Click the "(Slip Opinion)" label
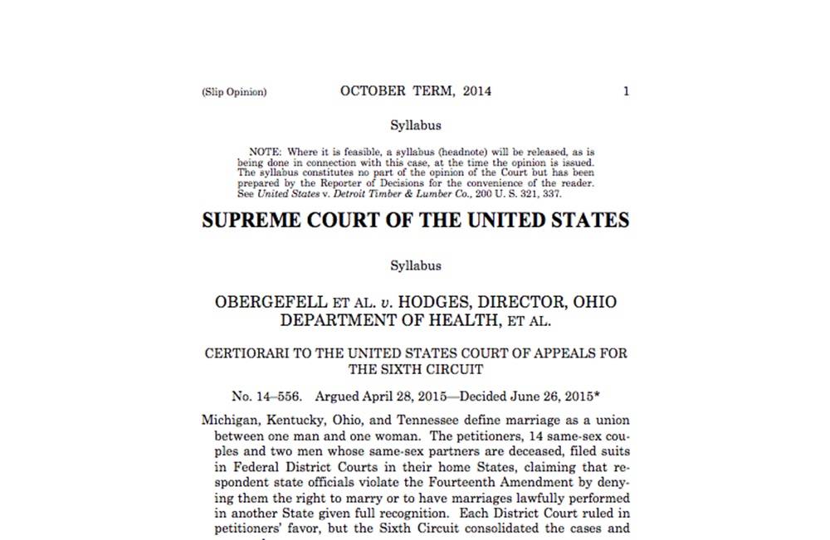coord(234,92)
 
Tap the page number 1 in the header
coord(626,91)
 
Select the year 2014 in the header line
coord(477,91)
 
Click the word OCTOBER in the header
coord(373,91)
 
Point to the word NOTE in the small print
coord(265,153)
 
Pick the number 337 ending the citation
coord(551,194)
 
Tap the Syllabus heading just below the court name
coord(416,266)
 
